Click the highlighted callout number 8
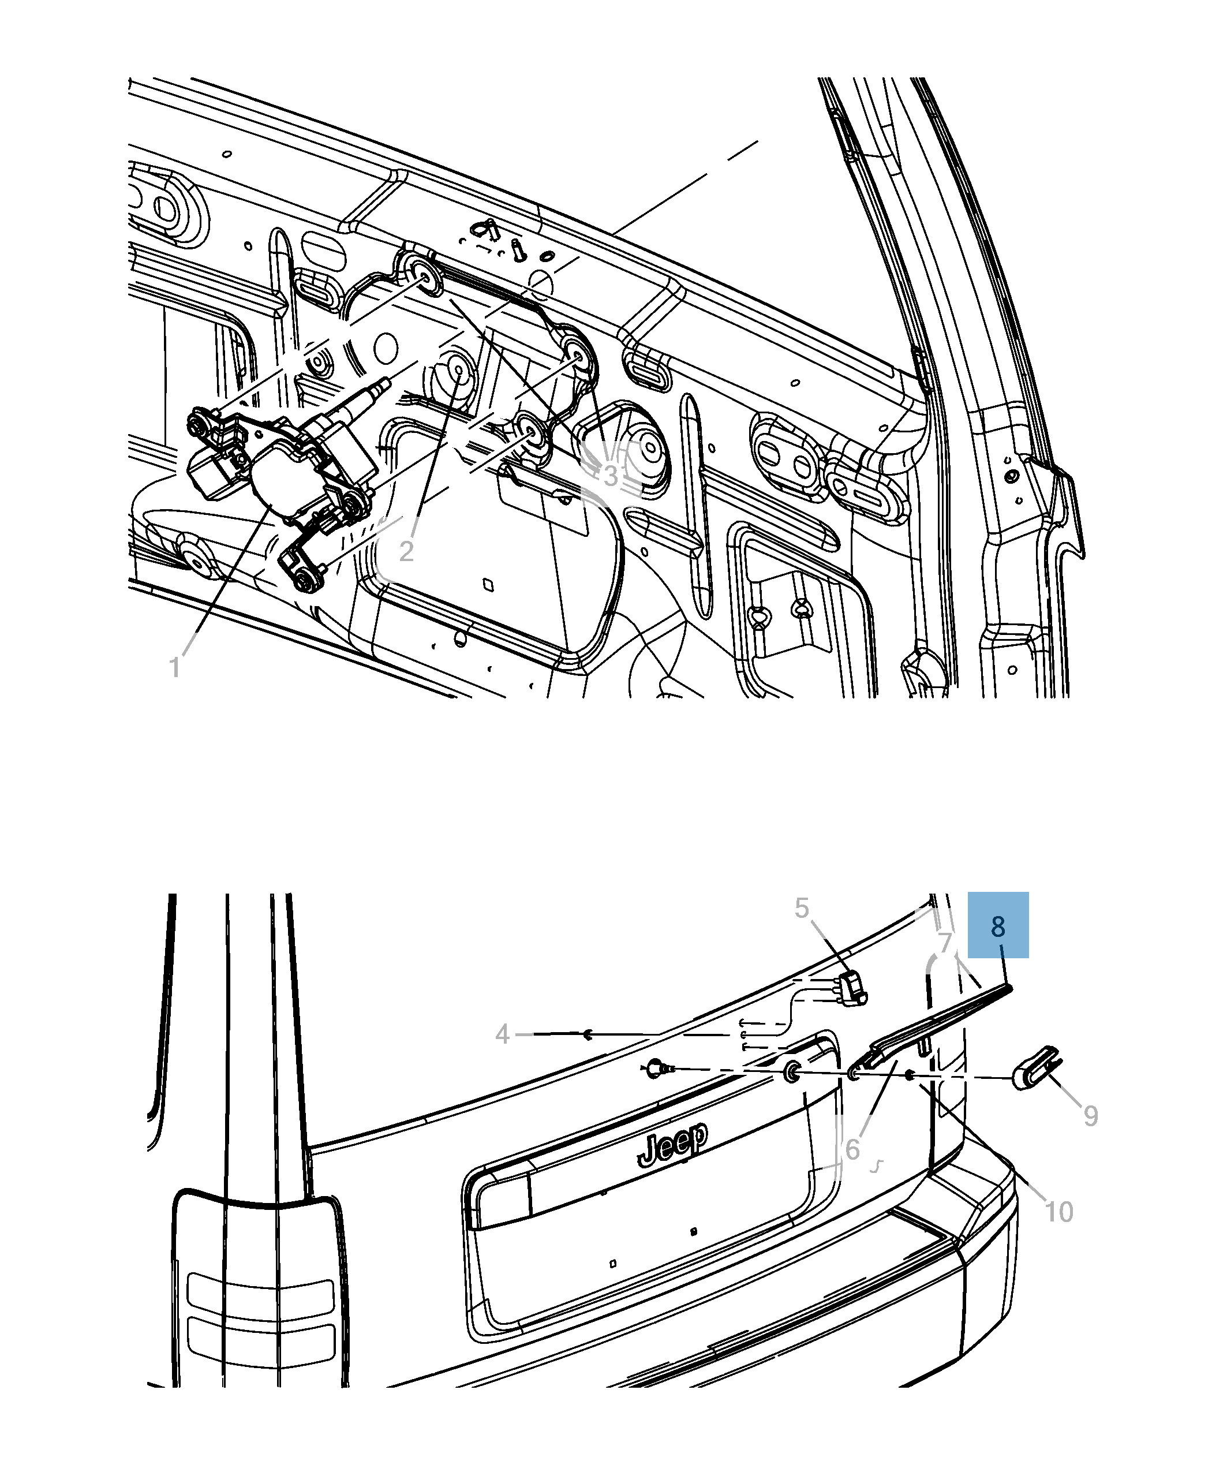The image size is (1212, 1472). click(x=998, y=926)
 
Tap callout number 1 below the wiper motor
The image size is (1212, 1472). click(x=174, y=667)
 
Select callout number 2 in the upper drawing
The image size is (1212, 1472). click(x=406, y=551)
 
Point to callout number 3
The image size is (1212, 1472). click(x=611, y=476)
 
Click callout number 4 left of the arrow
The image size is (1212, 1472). click(x=503, y=1034)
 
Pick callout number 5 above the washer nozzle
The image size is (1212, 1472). click(x=802, y=909)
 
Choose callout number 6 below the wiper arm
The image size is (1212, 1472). click(x=852, y=1149)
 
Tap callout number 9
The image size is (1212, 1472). click(x=1091, y=1115)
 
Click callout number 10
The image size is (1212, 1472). click(x=1058, y=1212)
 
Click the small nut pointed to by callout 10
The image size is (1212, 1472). click(x=910, y=1075)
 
